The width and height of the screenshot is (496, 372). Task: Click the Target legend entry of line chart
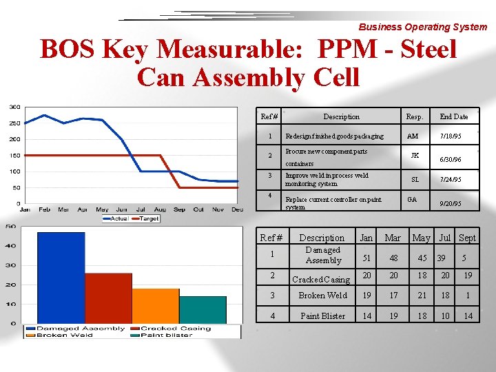click(147, 218)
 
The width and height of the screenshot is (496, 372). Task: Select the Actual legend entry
click(115, 218)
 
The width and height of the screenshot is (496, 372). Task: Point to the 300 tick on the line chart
click(14, 107)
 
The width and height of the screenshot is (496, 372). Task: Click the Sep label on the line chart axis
click(179, 209)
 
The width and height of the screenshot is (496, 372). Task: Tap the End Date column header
click(453, 116)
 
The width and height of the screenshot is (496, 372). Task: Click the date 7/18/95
click(451, 136)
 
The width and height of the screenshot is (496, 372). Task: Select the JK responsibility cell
click(414, 156)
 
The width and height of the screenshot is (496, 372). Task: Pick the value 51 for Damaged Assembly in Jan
click(367, 258)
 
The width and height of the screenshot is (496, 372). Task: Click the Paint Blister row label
click(322, 316)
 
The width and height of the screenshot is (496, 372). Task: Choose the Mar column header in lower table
click(393, 238)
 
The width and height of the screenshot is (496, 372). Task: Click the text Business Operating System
click(422, 27)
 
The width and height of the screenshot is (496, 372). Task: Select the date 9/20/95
click(451, 204)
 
